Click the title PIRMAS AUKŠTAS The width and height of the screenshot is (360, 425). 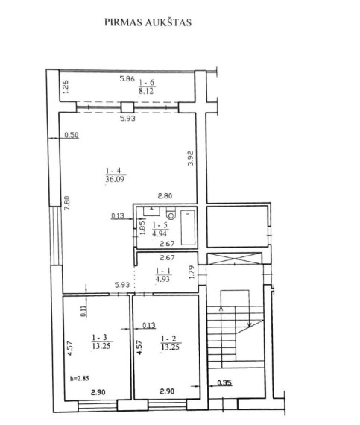[x=148, y=22]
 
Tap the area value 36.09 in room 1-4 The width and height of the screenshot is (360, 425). [x=116, y=179]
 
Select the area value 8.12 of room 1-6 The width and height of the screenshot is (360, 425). [x=146, y=91]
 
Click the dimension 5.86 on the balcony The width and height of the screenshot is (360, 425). [x=127, y=79]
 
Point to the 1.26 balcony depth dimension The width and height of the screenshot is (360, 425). [x=66, y=86]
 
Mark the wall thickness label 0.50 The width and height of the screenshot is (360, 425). [x=72, y=135]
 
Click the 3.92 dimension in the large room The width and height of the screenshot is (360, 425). [x=191, y=158]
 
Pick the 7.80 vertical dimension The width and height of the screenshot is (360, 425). [x=67, y=203]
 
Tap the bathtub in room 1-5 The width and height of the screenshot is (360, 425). [x=188, y=227]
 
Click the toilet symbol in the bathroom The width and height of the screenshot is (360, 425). [x=171, y=213]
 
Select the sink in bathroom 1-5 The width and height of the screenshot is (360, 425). [x=151, y=211]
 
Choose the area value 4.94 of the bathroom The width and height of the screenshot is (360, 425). [x=160, y=233]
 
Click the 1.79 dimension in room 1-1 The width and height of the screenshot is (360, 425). [x=192, y=272]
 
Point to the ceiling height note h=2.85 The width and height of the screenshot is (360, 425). [x=80, y=378]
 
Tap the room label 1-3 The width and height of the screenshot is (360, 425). [x=99, y=338]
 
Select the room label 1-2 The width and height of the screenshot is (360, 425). [x=168, y=339]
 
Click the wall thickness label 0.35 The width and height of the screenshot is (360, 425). [x=224, y=382]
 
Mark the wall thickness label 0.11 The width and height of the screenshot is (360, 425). [x=84, y=311]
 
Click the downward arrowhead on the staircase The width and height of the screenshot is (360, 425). [x=250, y=324]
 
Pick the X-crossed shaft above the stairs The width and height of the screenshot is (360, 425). [x=234, y=258]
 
